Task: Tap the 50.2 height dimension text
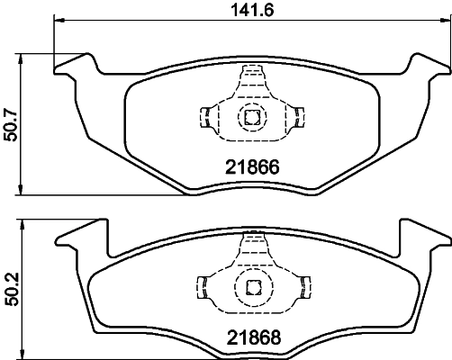tap(11, 286)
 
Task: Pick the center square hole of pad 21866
tap(250, 115)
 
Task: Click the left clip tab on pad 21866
tap(203, 115)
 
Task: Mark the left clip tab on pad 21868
tap(203, 287)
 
